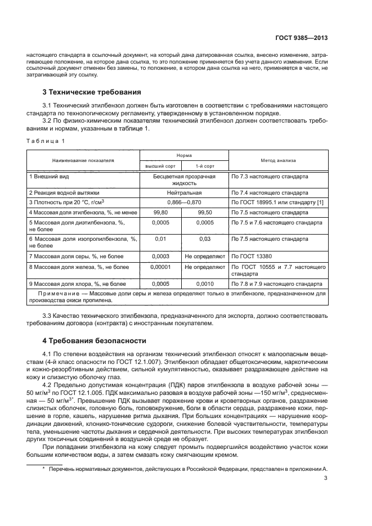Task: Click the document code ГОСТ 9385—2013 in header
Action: point(303,38)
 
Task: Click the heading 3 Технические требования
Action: point(92,92)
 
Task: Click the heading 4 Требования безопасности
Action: point(87,341)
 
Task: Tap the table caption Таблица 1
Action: point(46,140)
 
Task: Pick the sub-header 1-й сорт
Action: point(204,167)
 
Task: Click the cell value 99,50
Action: point(205,213)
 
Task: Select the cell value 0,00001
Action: point(160,266)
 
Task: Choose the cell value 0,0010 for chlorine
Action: point(205,284)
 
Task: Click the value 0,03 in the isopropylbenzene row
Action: point(205,239)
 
